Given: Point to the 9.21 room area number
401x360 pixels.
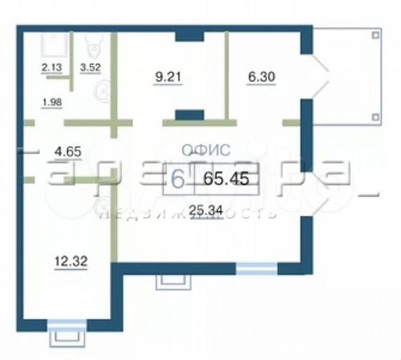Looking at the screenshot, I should tap(169, 77).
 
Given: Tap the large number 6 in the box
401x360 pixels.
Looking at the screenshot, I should tap(178, 179).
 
